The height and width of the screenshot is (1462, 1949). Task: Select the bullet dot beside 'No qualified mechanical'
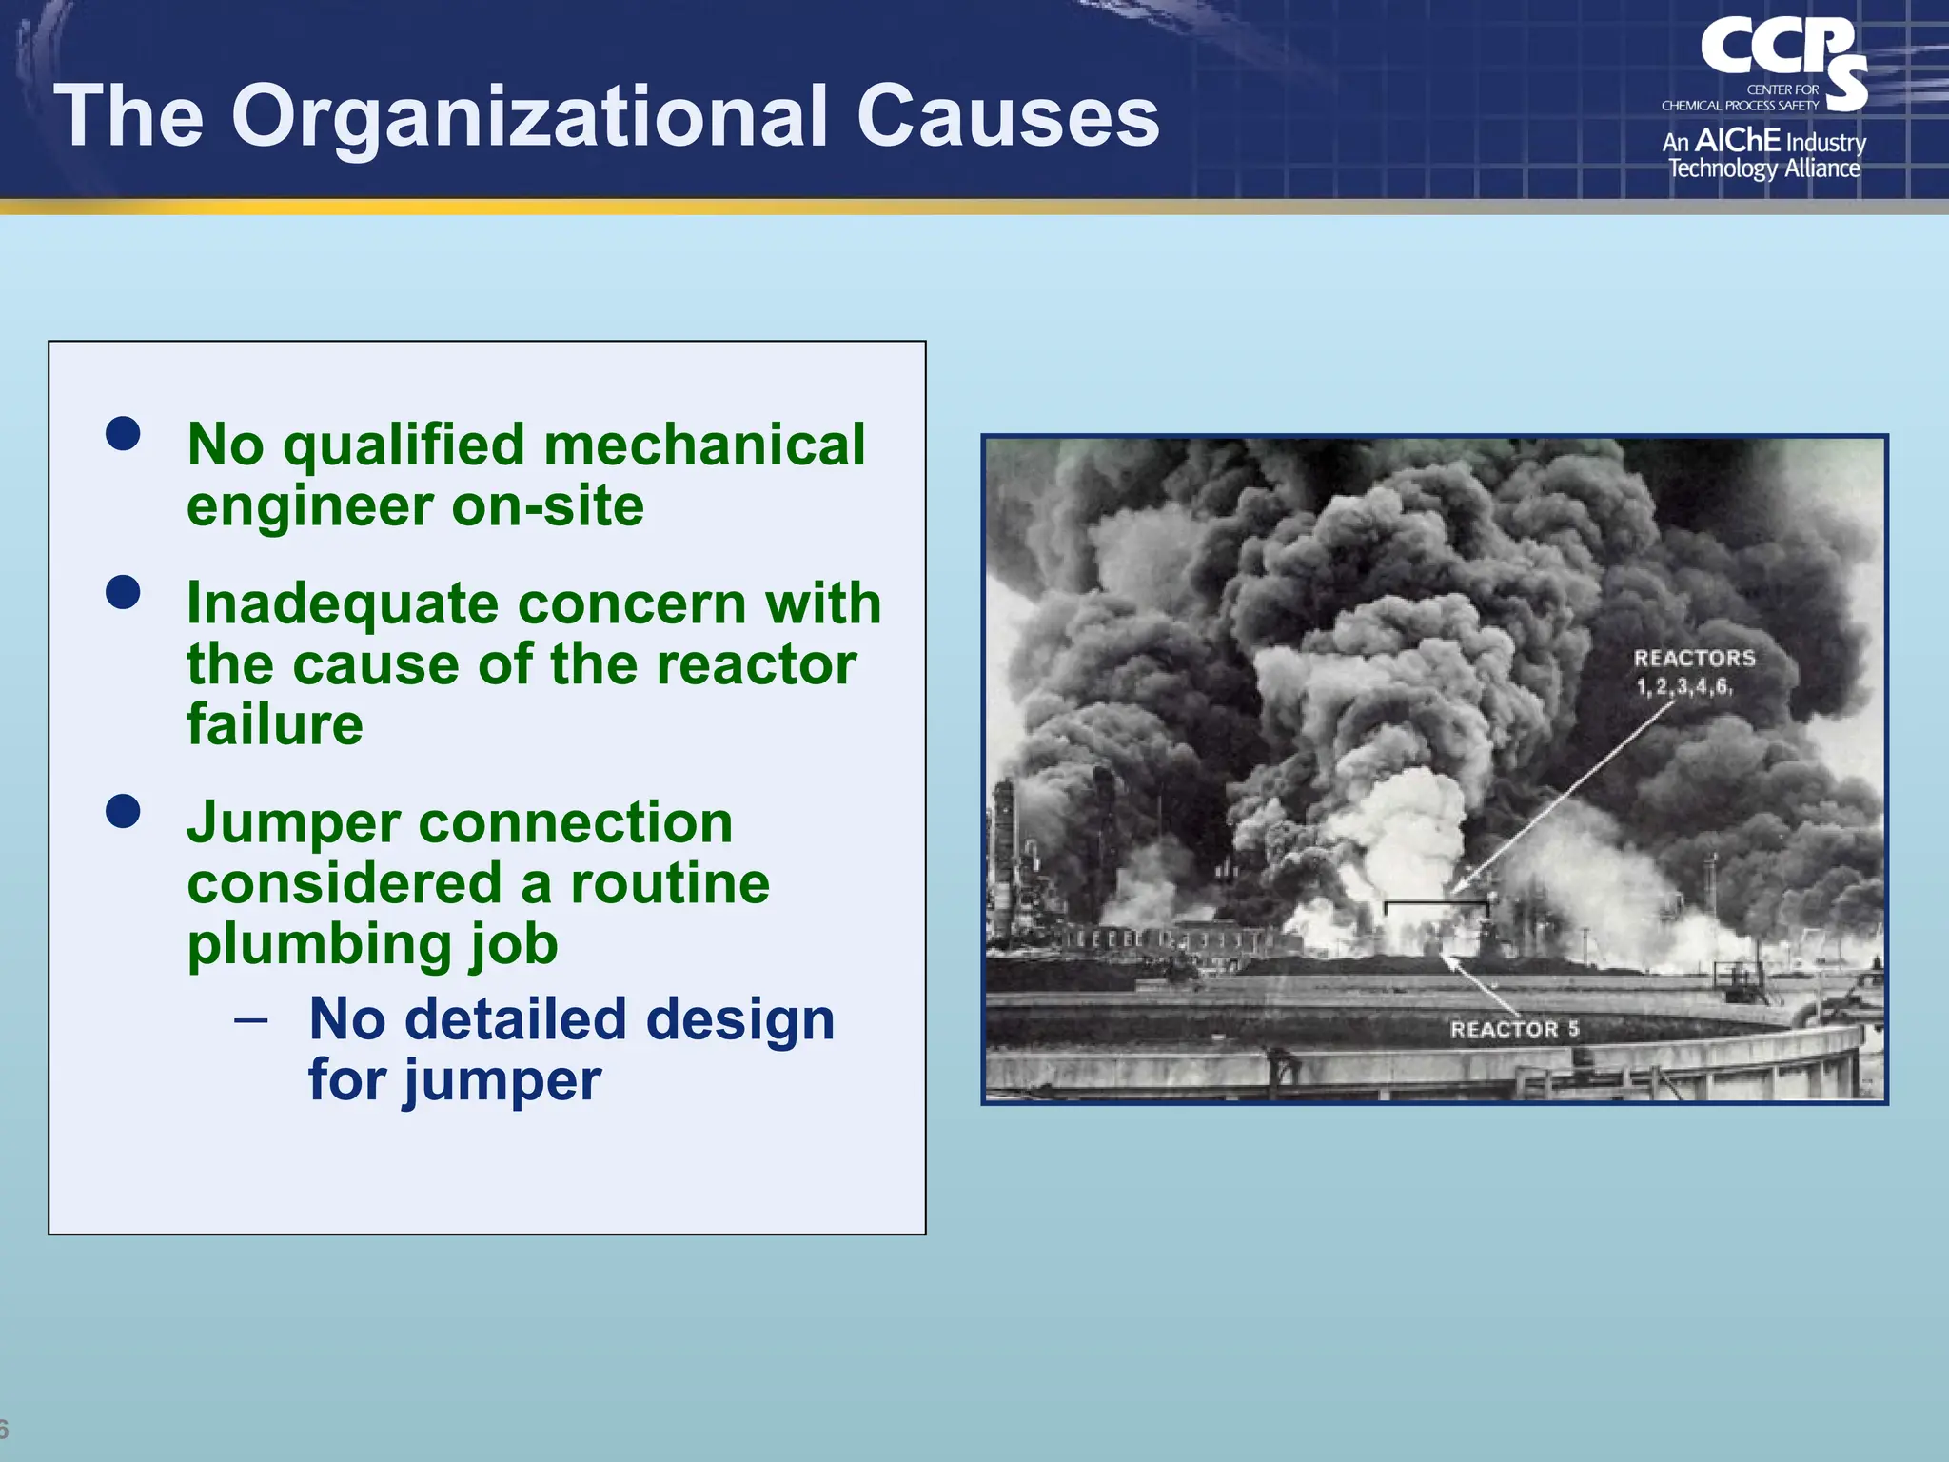[x=124, y=433]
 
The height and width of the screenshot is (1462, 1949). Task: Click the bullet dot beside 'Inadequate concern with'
[x=124, y=592]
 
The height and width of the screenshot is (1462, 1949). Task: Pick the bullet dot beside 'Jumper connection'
[x=124, y=811]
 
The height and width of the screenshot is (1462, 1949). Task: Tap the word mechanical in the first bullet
[x=704, y=445]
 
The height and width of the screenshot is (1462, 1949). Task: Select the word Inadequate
[x=343, y=604]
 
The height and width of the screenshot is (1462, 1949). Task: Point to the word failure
[x=275, y=724]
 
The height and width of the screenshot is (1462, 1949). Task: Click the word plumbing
[x=318, y=945]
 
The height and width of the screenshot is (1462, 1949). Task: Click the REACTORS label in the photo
[x=1694, y=659]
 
